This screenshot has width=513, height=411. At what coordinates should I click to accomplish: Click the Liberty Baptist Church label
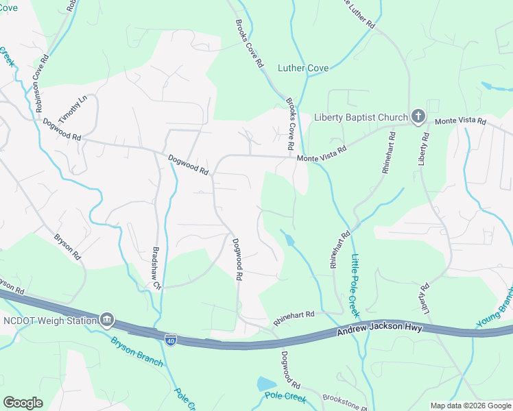coord(361,117)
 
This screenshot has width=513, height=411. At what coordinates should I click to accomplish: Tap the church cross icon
coord(417,116)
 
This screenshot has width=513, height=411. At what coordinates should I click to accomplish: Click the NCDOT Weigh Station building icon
coord(106,320)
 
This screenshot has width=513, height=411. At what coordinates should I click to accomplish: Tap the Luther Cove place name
coord(303,68)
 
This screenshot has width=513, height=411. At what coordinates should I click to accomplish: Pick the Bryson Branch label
coord(136,351)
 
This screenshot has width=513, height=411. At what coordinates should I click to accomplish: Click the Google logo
coord(23,403)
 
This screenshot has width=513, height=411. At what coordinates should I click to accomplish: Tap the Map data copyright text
coord(470,406)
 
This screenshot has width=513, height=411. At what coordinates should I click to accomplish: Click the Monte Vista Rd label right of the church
coord(461,121)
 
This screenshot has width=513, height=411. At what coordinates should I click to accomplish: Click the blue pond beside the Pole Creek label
coord(265,384)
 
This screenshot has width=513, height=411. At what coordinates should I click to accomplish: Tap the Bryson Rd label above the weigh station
coord(68,248)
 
